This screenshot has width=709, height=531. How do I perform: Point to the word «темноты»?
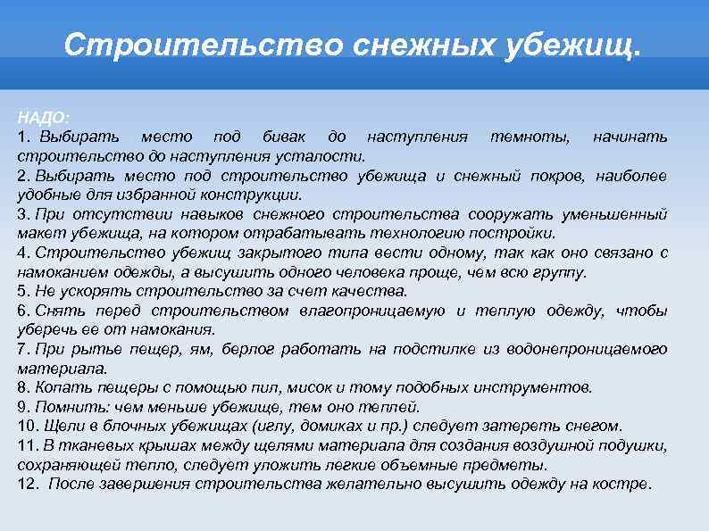point(527,137)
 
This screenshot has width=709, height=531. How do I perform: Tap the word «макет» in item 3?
point(37,234)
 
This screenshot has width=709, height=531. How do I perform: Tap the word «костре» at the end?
point(626,485)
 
